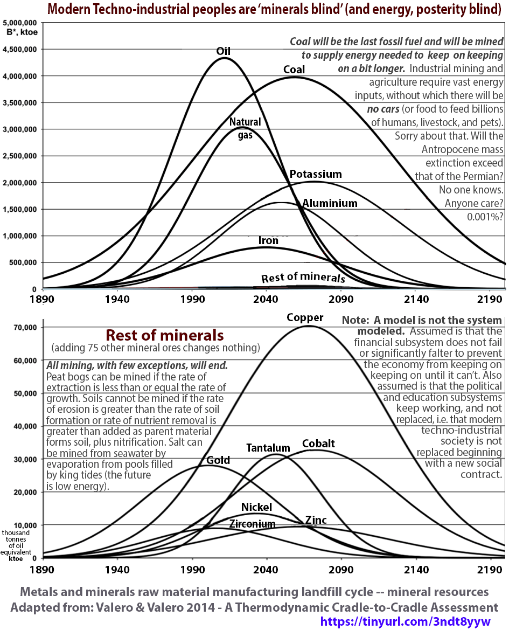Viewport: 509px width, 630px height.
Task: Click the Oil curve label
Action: tap(223, 51)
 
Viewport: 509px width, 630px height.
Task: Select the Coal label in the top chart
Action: tap(294, 70)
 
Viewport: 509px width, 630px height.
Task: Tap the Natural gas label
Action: tap(245, 128)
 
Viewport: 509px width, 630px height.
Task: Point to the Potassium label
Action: tap(316, 174)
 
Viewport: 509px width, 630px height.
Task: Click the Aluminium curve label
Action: tap(330, 203)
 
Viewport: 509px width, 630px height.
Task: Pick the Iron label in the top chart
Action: tap(268, 240)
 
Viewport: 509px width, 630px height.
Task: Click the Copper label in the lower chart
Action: tap(305, 317)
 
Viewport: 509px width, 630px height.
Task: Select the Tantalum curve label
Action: tap(268, 448)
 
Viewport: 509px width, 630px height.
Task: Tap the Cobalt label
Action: tap(318, 444)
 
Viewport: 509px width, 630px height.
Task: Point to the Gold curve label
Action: tap(218, 460)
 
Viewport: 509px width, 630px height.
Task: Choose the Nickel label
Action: tap(256, 507)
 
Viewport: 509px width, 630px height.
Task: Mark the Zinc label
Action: tap(316, 520)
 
